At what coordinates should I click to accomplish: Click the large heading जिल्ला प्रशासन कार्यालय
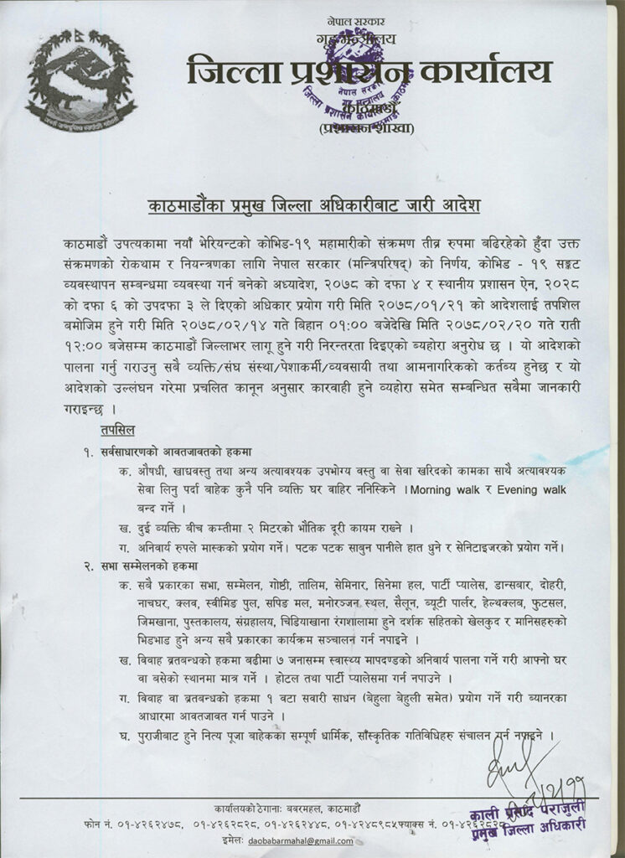click(369, 70)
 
